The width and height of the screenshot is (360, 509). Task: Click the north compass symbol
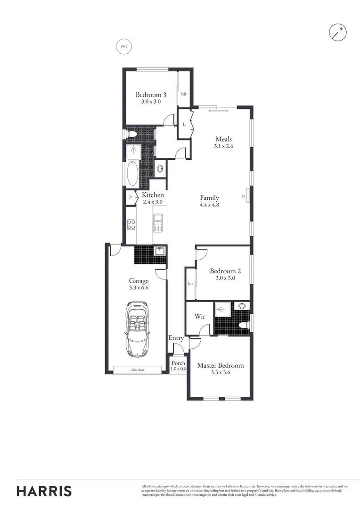pyautogui.click(x=338, y=32)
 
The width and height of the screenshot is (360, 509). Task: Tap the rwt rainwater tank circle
pyautogui.click(x=123, y=46)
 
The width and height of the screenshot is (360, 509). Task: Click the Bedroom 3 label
pyautogui.click(x=151, y=94)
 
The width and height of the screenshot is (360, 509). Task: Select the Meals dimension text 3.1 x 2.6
pyautogui.click(x=223, y=146)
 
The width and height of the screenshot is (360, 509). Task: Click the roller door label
pyautogui.click(x=137, y=370)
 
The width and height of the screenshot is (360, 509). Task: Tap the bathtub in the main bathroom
pyautogui.click(x=132, y=173)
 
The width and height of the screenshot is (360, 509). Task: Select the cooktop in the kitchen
pyautogui.click(x=131, y=224)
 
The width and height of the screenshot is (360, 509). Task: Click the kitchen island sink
pyautogui.click(x=158, y=223)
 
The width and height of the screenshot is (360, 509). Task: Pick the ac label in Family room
pyautogui.click(x=244, y=196)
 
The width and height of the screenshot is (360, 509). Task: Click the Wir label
pyautogui.click(x=200, y=316)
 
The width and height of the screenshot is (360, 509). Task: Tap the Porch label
pyautogui.click(x=178, y=363)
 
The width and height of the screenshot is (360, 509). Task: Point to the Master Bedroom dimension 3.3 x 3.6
pyautogui.click(x=221, y=372)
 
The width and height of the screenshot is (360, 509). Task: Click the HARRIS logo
pyautogui.click(x=44, y=491)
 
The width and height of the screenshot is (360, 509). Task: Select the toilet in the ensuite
pyautogui.click(x=244, y=325)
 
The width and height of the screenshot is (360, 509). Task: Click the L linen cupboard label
pyautogui.click(x=184, y=124)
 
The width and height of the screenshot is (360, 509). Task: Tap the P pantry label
pyautogui.click(x=131, y=197)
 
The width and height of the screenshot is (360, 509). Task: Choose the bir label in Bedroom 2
pyautogui.click(x=190, y=283)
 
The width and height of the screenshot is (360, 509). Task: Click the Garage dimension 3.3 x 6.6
pyautogui.click(x=139, y=287)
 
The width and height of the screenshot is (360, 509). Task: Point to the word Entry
pyautogui.click(x=176, y=338)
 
